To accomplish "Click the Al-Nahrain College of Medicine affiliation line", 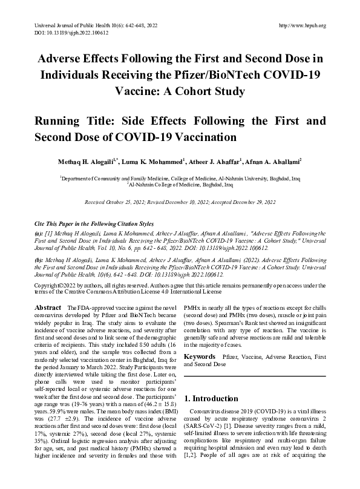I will (x=180, y=185).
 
